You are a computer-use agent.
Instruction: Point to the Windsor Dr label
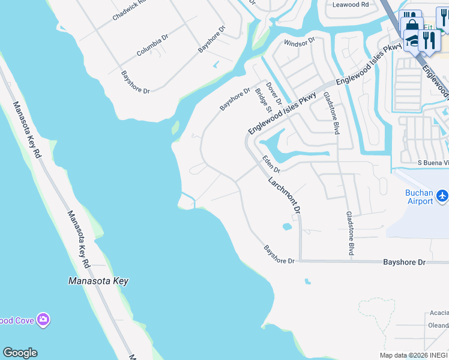300,42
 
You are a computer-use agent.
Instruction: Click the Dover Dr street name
274,93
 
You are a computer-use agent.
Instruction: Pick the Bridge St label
264,100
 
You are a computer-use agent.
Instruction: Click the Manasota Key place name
98,281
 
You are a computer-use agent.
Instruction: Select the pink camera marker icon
43,320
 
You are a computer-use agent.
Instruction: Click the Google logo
20,353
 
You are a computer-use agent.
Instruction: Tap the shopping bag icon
412,27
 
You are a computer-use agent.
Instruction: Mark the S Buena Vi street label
433,163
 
